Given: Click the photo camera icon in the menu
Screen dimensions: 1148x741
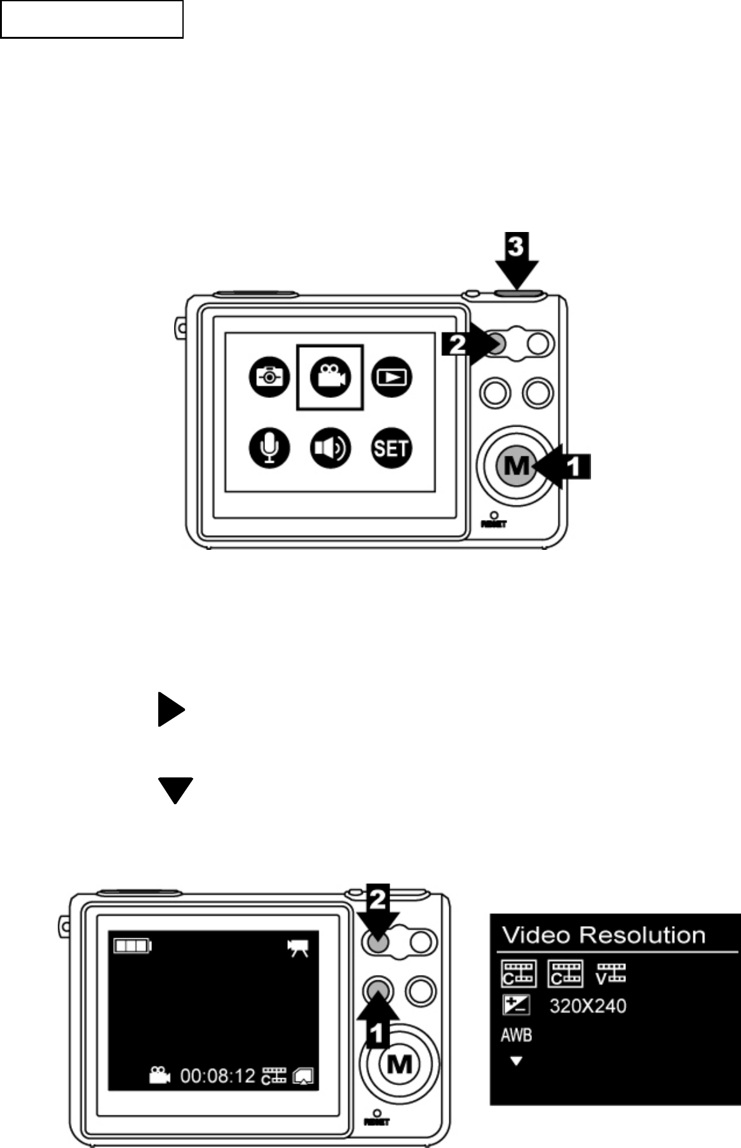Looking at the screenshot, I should [x=269, y=377].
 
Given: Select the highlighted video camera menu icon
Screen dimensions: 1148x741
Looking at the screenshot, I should [x=330, y=377].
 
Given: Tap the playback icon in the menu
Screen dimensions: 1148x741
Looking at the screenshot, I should [x=391, y=377].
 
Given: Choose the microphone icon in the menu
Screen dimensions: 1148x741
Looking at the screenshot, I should [x=269, y=448].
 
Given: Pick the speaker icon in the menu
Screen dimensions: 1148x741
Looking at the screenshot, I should [x=330, y=448].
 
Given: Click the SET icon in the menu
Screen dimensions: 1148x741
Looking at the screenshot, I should [x=391, y=448].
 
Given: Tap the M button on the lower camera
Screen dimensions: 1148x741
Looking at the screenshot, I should [x=400, y=1063].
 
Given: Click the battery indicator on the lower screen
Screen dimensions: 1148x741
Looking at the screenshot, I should [x=132, y=946].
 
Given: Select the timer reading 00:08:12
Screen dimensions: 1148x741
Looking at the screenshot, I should [x=218, y=1076].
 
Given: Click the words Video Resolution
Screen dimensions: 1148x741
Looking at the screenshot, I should [x=604, y=936].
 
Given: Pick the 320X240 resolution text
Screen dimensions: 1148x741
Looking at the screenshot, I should [x=588, y=1006].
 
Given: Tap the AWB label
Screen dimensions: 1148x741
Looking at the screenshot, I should [x=516, y=1035].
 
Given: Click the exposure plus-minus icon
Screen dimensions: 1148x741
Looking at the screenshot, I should [x=516, y=1006].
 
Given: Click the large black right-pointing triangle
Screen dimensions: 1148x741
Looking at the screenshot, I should [x=170, y=709].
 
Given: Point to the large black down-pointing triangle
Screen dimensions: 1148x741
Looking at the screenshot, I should [x=175, y=789].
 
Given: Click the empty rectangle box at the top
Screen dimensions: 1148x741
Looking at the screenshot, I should [x=92, y=19].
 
